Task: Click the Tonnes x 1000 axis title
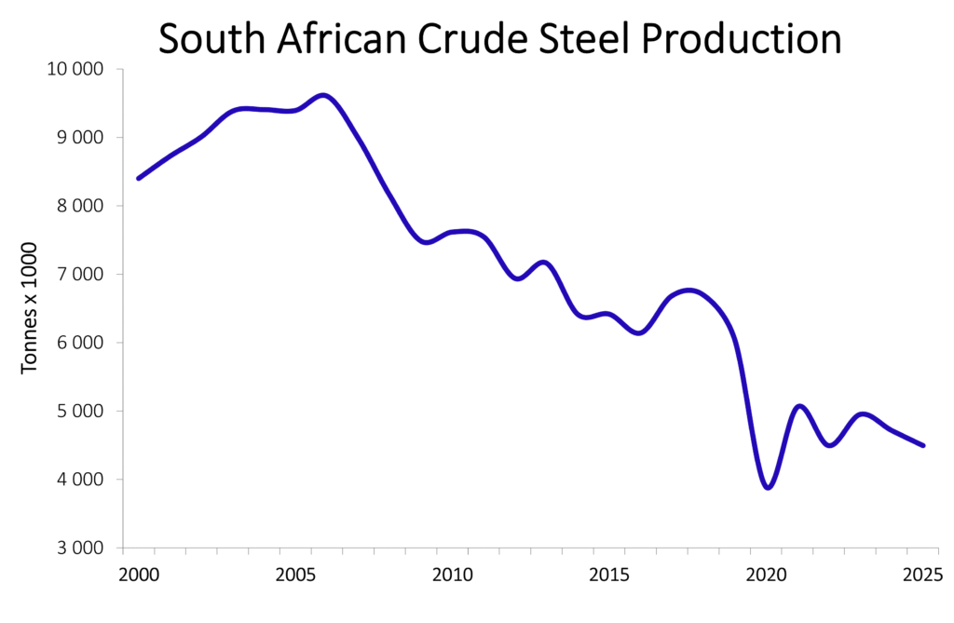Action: click(30, 308)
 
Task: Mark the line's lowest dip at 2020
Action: click(768, 487)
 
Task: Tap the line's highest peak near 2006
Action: click(323, 95)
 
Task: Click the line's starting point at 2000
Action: click(139, 178)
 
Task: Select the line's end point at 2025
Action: click(923, 445)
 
